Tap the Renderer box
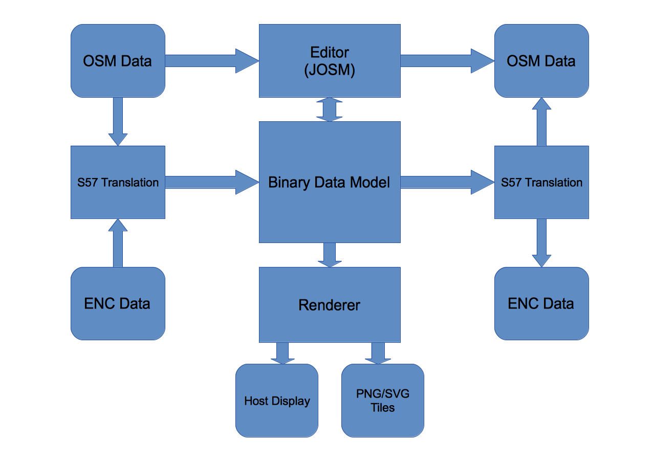coord(330,304)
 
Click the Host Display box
coord(277,400)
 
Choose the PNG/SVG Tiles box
coord(383,400)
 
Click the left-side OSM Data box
coord(118,61)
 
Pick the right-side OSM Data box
coord(541,61)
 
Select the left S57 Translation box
coord(118,182)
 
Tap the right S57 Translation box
coord(541,182)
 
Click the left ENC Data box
coord(118,303)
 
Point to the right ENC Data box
coord(541,303)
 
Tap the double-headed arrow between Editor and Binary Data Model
coord(330,109)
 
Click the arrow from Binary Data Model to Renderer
coord(330,255)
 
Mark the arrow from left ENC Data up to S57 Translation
coord(118,244)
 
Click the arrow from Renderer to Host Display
coord(282,353)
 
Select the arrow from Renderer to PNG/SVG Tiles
coord(378,353)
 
